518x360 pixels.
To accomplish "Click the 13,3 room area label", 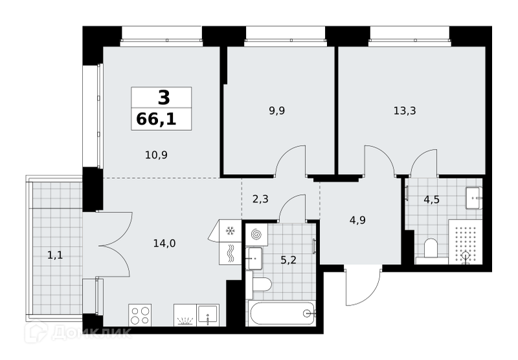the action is pos(405,111).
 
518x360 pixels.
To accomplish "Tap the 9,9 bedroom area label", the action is pos(277,111).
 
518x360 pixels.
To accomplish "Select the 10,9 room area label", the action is pos(156,155).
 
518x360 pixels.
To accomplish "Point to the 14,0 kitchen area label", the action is pos(164,243).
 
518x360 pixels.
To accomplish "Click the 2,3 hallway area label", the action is pos(260,199).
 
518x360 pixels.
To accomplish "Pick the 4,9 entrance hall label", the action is pos(357,220).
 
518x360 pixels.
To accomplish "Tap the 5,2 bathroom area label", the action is pos(288,260).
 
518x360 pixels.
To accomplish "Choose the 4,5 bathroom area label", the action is pos(431,199).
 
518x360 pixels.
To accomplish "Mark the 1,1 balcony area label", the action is pos(55,254).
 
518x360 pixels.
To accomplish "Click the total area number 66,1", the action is pos(156,119).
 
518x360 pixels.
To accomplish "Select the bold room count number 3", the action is pos(164,97).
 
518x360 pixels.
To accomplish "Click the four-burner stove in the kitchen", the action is pos(140,315).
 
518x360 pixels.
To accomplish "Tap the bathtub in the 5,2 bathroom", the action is pos(282,313).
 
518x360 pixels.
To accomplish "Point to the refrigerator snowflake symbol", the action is pos(230,231).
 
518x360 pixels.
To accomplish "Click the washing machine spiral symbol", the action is pos(256,234).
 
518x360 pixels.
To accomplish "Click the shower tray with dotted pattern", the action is pos(465,242).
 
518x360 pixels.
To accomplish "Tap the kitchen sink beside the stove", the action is pos(208,315).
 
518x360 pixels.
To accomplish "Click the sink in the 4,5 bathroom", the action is pos(474,198).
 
